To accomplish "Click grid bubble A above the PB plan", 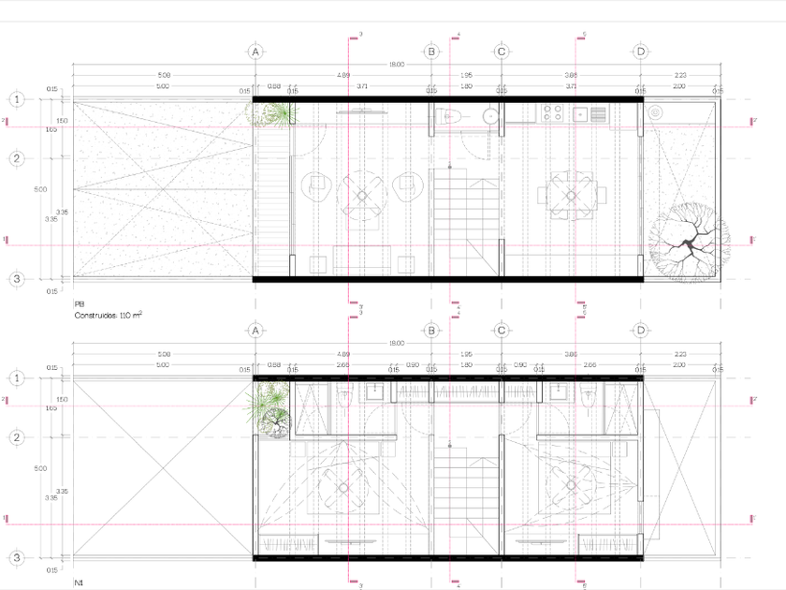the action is click(x=255, y=52).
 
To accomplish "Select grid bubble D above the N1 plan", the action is click(x=641, y=331).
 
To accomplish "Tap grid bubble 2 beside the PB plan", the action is click(x=17, y=158).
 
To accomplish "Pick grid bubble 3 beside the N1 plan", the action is click(x=17, y=558).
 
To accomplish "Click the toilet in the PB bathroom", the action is click(x=451, y=116).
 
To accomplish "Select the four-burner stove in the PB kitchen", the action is click(x=552, y=115).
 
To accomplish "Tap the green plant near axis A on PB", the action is click(x=275, y=114).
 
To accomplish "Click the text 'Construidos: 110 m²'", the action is click(x=108, y=317).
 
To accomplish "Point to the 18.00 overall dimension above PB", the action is click(x=398, y=64).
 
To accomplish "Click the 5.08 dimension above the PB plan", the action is click(x=164, y=75).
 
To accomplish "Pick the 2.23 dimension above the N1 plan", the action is click(x=679, y=354).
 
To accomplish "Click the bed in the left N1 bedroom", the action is click(x=343, y=487).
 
